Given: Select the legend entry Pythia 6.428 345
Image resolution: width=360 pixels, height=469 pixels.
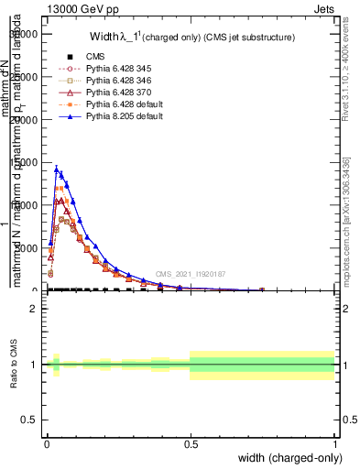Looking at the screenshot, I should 111,71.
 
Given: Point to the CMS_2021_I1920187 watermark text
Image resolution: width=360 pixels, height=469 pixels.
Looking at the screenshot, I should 190,273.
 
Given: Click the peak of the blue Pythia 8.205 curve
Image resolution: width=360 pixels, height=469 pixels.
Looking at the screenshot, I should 56,168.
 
